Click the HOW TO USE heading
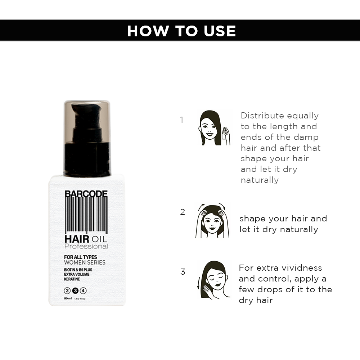[181, 31]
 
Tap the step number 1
[181, 120]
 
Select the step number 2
[183, 212]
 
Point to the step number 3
[183, 272]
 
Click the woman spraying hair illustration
[214, 128]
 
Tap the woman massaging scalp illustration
[212, 221]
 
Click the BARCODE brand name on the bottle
[86, 194]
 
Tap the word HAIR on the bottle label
[77, 239]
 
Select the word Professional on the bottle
[86, 246]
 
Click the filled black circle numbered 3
[75, 291]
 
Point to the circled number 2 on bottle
[67, 291]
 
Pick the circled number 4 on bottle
[83, 291]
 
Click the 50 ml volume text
[68, 298]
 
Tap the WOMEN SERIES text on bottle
[85, 262]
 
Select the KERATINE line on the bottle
[72, 279]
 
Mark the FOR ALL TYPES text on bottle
[81, 257]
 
